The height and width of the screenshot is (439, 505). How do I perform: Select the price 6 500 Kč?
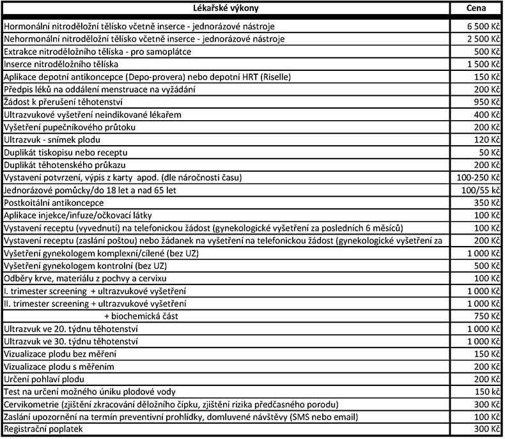[x=483, y=27]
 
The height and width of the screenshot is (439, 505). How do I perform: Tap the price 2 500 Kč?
[x=483, y=40]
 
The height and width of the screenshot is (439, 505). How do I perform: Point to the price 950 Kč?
[x=487, y=102]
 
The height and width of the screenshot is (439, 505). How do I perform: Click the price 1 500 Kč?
[x=483, y=65]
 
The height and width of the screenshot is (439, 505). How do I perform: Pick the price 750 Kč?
[x=487, y=316]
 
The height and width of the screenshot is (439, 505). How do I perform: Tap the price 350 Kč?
[x=487, y=203]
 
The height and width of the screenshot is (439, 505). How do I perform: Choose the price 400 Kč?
[x=487, y=115]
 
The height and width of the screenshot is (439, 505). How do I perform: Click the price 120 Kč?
[x=487, y=140]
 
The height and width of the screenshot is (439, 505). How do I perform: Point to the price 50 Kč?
[x=489, y=152]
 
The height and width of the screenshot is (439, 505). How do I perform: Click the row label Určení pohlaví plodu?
[x=46, y=379]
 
